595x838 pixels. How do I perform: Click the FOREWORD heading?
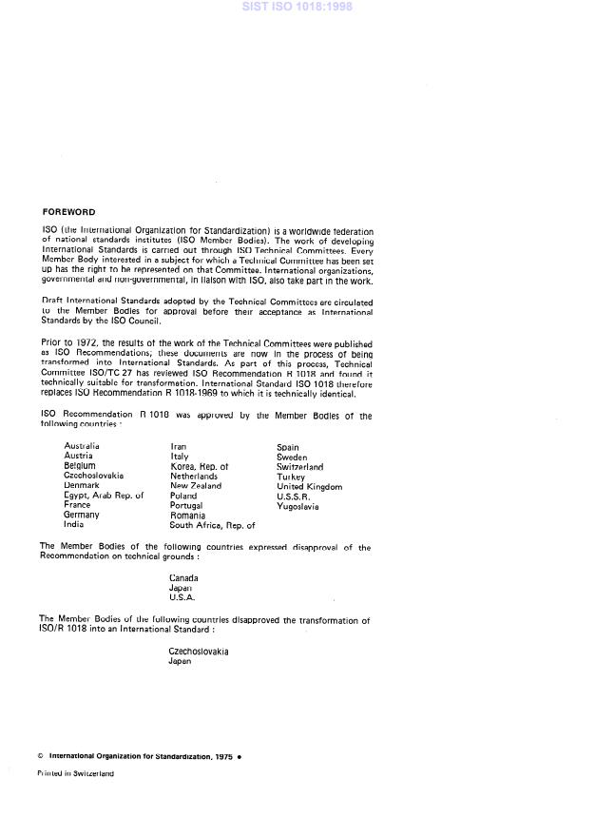(68, 211)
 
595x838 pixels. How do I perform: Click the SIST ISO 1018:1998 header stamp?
(297, 8)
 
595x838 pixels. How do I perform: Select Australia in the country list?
(82, 445)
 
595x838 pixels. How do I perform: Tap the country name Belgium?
(80, 466)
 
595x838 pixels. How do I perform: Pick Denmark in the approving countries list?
(82, 485)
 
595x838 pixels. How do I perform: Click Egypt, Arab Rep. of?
(104, 496)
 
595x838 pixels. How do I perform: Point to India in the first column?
(73, 524)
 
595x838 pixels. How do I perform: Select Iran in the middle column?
(178, 445)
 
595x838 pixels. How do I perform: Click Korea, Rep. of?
(199, 466)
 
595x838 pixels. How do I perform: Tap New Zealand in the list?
(196, 485)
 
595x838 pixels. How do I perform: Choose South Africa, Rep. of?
(212, 524)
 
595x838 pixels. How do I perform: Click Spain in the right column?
(288, 447)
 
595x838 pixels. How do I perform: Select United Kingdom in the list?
(309, 486)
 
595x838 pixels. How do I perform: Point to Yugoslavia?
(297, 506)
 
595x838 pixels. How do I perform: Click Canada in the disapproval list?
(183, 577)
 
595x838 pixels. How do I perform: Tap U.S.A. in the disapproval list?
(182, 597)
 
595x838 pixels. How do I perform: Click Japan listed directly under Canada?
(180, 588)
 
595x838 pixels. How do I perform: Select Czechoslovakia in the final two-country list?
(199, 652)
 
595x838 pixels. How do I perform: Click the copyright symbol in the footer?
(40, 755)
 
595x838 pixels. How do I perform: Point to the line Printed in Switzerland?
(75, 773)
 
